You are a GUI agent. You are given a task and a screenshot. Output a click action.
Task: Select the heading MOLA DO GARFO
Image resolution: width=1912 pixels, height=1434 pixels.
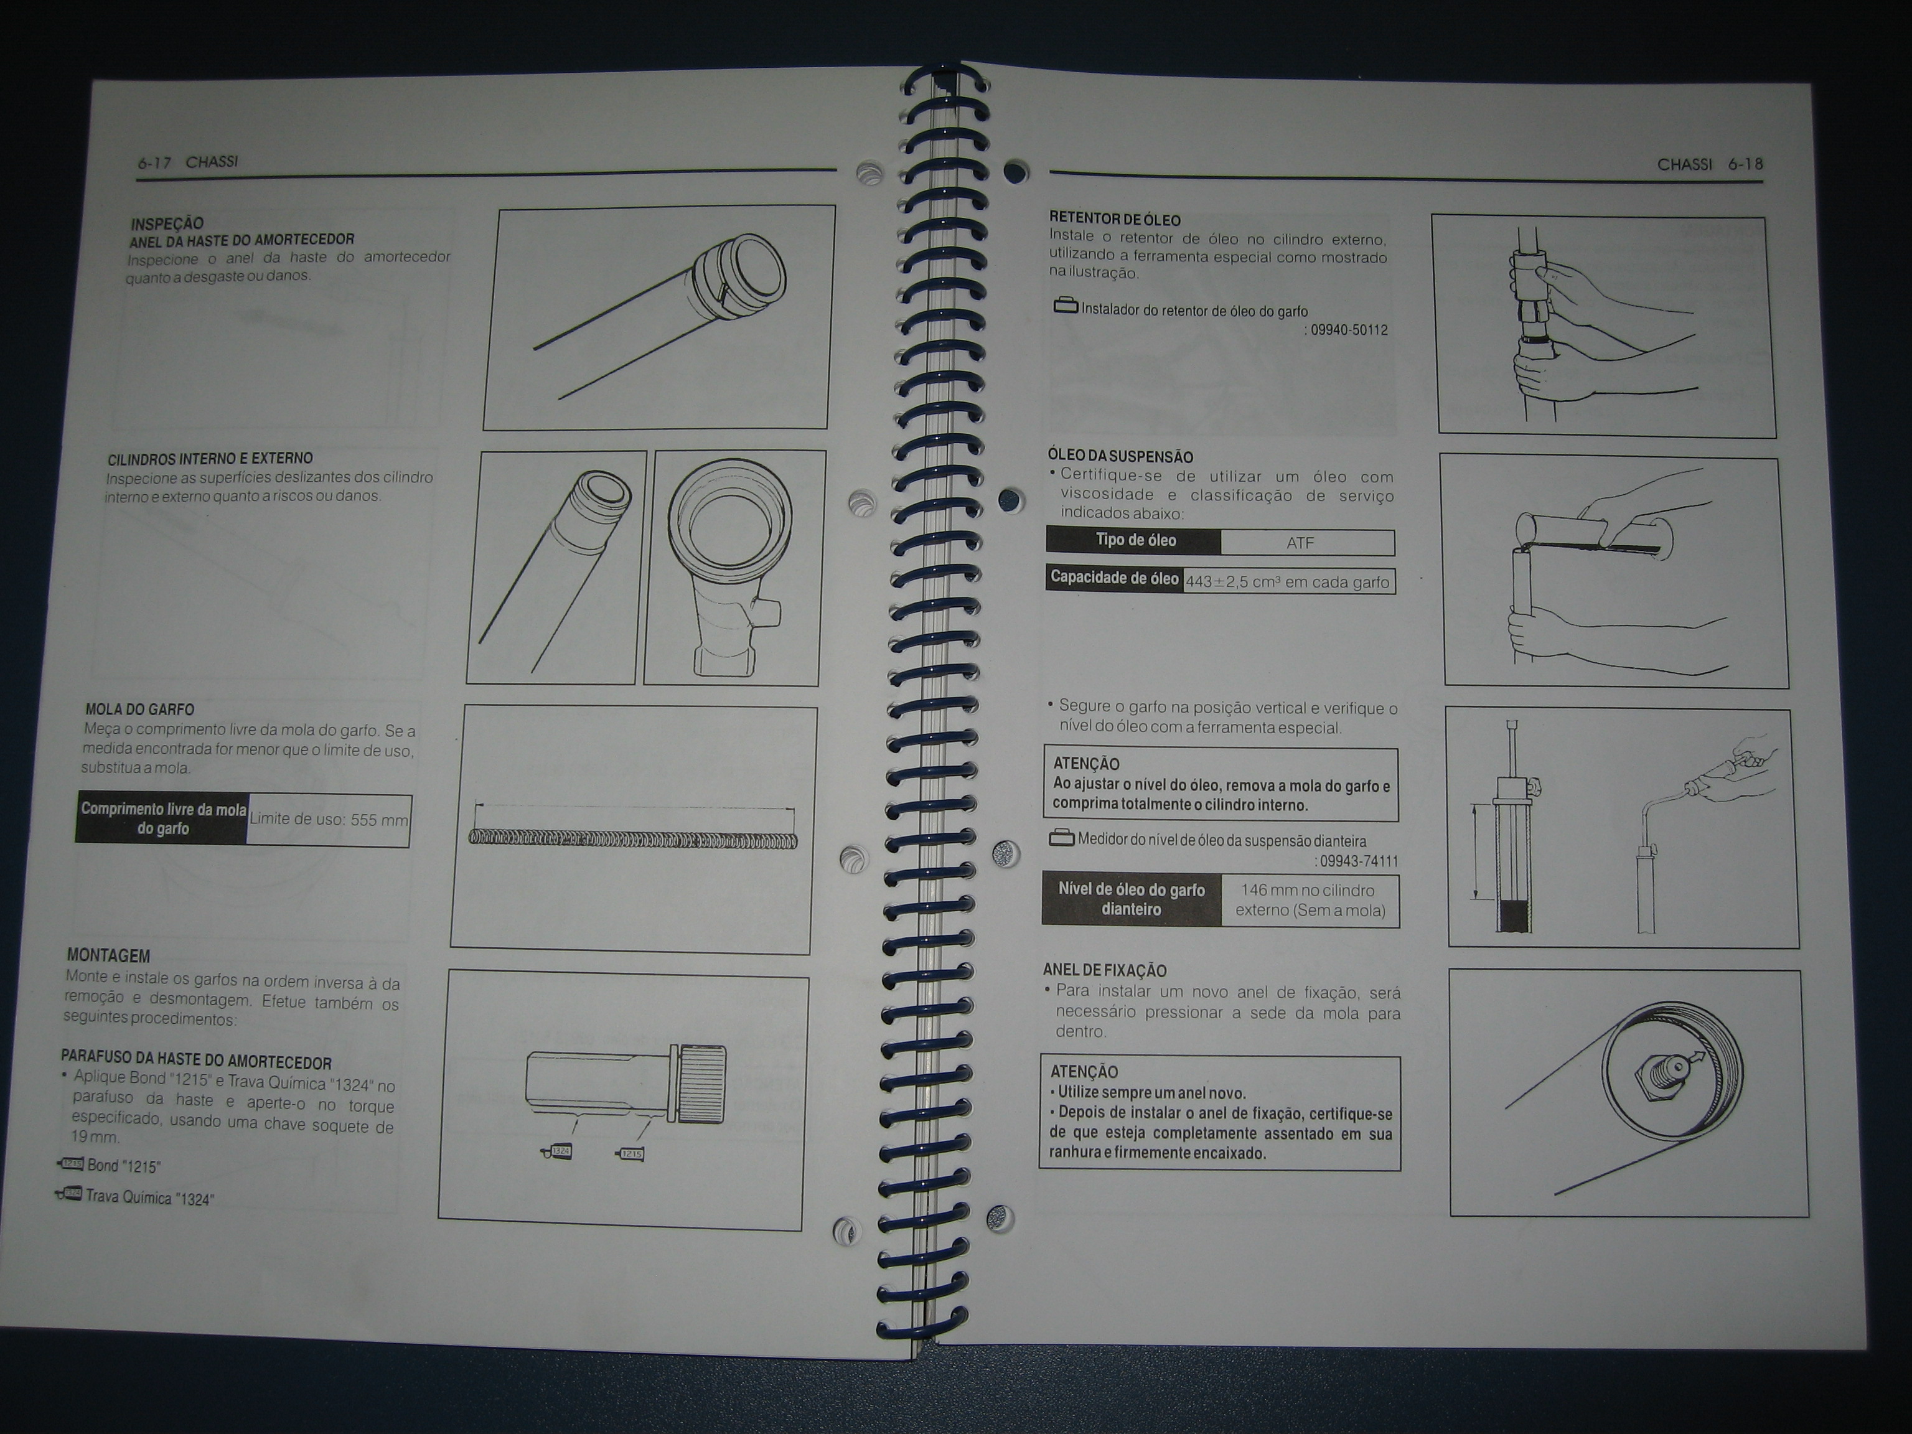tap(139, 710)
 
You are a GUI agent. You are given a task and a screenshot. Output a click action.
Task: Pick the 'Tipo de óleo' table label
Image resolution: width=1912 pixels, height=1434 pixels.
tap(1135, 540)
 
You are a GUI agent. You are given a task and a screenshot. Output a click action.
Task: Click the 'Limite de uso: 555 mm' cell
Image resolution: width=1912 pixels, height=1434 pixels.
tap(329, 820)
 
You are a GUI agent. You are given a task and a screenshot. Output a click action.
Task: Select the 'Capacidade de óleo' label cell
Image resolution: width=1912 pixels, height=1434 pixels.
tap(1113, 578)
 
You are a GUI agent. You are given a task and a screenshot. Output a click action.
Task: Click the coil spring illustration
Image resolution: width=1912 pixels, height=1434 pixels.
tap(633, 840)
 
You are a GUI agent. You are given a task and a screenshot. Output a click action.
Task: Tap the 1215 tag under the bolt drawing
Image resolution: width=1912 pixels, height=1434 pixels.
tap(629, 1153)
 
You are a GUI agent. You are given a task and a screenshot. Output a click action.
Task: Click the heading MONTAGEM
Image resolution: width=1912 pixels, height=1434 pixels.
tap(108, 956)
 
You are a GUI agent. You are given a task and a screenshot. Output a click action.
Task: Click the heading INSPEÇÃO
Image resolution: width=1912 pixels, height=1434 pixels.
tap(166, 223)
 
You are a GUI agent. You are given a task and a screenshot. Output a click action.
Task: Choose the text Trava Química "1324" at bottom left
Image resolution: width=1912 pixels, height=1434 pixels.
tap(149, 1198)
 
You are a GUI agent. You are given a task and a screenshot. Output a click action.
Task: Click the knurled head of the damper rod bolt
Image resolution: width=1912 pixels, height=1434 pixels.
tap(702, 1084)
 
